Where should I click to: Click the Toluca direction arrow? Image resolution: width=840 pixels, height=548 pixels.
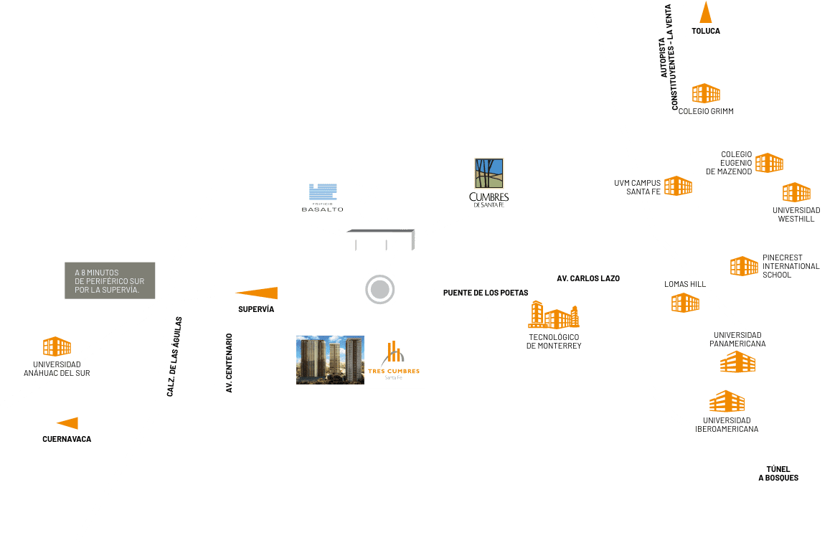click(x=706, y=14)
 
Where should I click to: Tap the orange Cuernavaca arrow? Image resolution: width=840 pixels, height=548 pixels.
click(x=68, y=423)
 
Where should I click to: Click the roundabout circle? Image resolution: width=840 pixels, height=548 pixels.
click(x=379, y=290)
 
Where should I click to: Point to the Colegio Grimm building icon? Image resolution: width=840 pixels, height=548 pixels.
click(x=706, y=93)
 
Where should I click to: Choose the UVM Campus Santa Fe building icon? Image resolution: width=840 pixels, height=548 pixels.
click(x=678, y=186)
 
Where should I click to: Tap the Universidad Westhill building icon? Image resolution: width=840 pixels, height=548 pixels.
click(x=796, y=192)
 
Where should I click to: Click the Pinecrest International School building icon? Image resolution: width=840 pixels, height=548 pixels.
click(x=744, y=266)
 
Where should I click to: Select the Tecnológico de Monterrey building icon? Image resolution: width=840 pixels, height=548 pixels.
click(x=554, y=316)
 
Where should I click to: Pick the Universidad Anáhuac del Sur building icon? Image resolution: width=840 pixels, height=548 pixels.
click(x=57, y=347)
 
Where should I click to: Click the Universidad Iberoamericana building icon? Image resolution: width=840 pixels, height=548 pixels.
click(x=727, y=402)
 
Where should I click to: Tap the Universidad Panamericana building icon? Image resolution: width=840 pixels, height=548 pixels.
click(x=737, y=362)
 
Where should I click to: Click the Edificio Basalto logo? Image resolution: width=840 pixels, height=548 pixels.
click(x=322, y=197)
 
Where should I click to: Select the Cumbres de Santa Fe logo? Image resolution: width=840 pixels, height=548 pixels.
click(x=489, y=182)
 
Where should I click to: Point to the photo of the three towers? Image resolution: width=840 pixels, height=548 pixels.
click(x=331, y=360)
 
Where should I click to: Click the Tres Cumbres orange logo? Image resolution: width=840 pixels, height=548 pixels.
click(x=393, y=359)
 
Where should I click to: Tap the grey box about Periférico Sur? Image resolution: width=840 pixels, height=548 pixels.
click(x=110, y=280)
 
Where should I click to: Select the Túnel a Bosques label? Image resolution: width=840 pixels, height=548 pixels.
click(x=778, y=473)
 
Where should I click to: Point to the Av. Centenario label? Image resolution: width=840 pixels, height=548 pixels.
click(x=230, y=363)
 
